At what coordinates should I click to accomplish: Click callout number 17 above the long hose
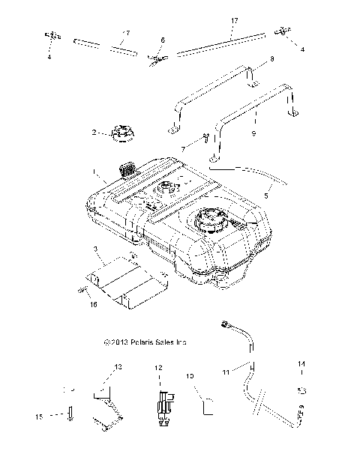234,21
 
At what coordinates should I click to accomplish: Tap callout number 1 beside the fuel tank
94,172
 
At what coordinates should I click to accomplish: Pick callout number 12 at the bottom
158,368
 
